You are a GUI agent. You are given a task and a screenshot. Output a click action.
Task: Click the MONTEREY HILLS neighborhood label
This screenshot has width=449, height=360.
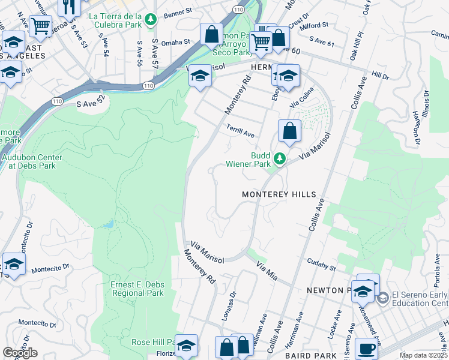pos(279,195)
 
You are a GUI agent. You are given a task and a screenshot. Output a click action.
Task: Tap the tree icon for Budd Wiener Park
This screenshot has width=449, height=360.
pos(279,158)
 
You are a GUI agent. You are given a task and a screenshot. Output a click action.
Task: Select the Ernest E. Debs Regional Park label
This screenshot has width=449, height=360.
pos(137,289)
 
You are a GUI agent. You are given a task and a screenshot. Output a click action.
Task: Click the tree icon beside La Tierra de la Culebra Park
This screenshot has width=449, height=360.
pos(152,20)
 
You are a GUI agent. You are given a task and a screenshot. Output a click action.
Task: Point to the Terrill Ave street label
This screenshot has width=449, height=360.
pos(241,130)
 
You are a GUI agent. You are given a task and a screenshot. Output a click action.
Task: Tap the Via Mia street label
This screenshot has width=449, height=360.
pos(267,271)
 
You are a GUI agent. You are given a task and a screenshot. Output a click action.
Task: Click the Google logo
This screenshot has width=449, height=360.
pos(20,353)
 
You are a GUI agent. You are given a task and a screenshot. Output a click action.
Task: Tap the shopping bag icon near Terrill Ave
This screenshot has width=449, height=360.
pos(289,130)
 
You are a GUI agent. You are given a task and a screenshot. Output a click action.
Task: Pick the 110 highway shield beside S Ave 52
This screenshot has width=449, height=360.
pos(148,86)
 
